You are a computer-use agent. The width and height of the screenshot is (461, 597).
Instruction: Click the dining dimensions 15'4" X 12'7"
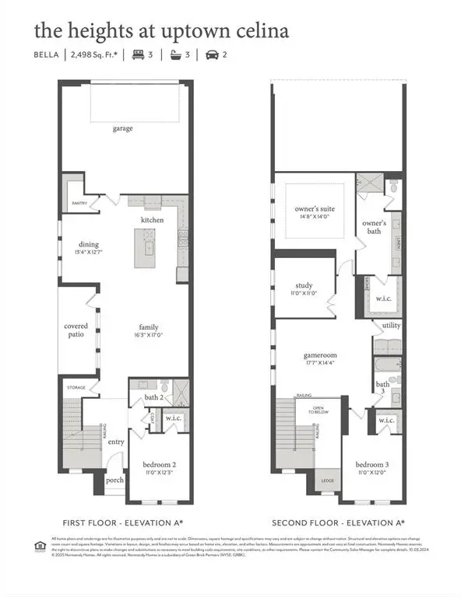pos(89,253)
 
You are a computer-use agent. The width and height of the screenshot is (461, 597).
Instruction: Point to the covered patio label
pos(76,331)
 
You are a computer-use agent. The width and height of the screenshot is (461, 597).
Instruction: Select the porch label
pos(115,479)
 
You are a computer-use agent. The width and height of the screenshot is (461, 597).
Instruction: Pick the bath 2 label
pos(153,397)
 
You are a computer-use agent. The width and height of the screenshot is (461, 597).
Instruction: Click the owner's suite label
pos(313,208)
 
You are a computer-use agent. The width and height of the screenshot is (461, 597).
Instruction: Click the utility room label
pos(391,326)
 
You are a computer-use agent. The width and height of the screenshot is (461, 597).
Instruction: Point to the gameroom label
pos(319,354)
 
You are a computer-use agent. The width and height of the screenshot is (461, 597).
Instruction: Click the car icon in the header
pos(212,55)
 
